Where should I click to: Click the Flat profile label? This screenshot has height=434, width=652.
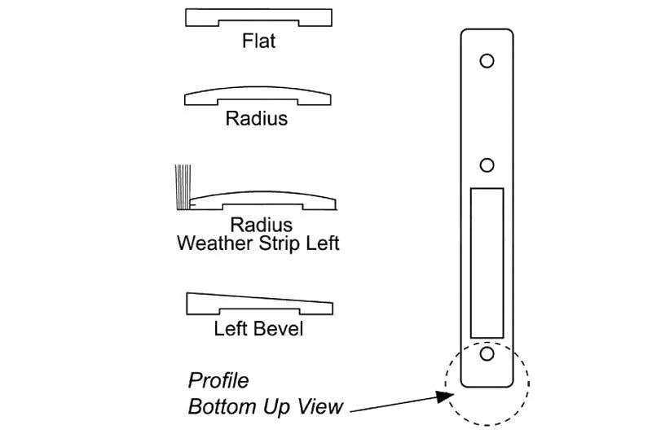coord(258,41)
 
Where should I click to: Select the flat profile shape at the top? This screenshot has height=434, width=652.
coord(258,16)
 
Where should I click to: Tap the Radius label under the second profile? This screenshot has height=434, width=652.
coord(257,119)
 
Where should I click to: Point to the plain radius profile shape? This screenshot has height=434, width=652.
coord(258,95)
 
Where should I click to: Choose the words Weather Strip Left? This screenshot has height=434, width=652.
coord(258,243)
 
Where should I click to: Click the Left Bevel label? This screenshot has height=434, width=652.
coord(258,329)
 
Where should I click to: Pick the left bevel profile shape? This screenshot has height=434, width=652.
coord(258,303)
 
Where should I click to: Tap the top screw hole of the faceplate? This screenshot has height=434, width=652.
coord(487,60)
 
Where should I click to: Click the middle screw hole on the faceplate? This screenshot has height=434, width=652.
coord(487,165)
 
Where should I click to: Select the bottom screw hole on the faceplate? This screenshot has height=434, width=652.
coord(487,353)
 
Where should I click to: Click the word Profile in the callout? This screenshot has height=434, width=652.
coord(218,380)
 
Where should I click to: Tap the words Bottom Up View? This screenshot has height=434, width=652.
coord(265,406)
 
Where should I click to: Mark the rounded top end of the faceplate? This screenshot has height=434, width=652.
coord(487,34)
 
